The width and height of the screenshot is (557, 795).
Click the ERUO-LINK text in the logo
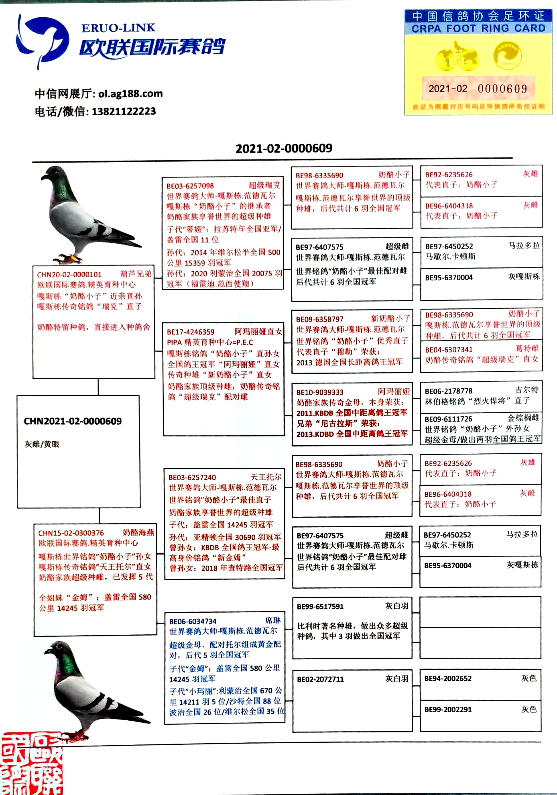click(x=118, y=28)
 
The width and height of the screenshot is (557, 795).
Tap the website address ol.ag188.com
click(x=130, y=94)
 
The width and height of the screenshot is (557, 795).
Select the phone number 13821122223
click(x=124, y=111)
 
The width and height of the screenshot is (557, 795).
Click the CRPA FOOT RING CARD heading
click(x=478, y=29)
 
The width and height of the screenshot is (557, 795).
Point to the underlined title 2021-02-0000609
click(x=284, y=149)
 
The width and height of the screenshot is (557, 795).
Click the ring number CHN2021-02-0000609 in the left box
click(x=73, y=421)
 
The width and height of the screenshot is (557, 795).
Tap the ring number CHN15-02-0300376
click(x=71, y=533)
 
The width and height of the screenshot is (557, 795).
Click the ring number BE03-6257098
click(x=190, y=186)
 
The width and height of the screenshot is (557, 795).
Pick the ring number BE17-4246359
click(x=191, y=332)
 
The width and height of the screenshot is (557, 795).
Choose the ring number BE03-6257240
click(x=192, y=477)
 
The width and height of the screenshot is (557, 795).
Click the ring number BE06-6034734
click(x=193, y=621)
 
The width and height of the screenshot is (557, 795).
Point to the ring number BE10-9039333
click(x=320, y=392)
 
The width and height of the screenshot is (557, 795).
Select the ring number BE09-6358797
click(x=320, y=319)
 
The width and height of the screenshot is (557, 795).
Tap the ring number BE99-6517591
click(x=320, y=607)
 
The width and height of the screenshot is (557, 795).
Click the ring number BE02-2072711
click(x=320, y=679)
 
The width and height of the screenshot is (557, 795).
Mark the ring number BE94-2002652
click(x=448, y=679)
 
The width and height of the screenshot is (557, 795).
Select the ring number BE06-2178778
click(x=449, y=391)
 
